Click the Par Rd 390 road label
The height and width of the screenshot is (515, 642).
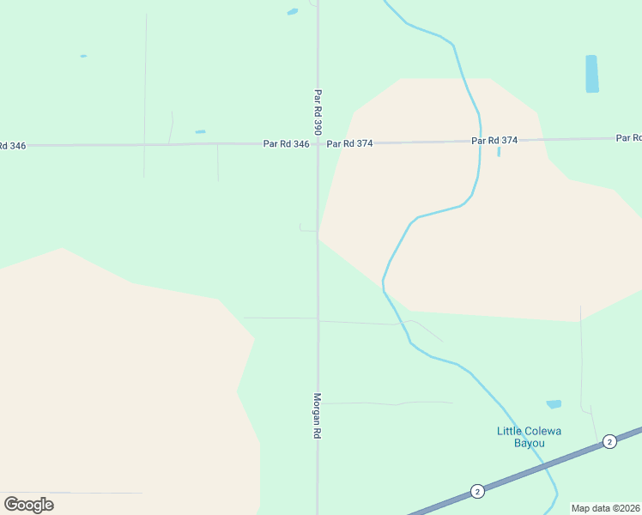tap(318, 112)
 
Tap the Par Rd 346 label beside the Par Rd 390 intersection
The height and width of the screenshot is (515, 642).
tap(286, 144)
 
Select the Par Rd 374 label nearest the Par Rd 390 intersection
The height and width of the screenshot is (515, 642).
tap(349, 143)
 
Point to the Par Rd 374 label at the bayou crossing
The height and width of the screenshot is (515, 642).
tap(495, 140)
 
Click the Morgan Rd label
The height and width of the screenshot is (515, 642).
tap(317, 416)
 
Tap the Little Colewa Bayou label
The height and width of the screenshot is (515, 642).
tap(529, 437)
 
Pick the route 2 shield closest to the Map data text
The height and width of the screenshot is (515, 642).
tap(609, 441)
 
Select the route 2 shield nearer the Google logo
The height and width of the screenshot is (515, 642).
tap(477, 491)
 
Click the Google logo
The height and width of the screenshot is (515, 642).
tap(29, 504)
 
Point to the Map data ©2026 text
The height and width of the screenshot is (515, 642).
tap(606, 508)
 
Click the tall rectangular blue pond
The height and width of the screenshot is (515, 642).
tap(591, 74)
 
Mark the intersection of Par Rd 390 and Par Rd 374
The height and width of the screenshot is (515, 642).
tap(318, 143)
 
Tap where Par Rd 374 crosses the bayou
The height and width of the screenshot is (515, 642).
tap(479, 141)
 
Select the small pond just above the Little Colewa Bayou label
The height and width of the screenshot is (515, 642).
tap(554, 404)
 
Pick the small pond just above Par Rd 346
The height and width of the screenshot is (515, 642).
tap(200, 131)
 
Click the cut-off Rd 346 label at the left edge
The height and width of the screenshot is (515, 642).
tap(13, 145)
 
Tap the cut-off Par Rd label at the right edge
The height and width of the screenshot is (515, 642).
tap(629, 137)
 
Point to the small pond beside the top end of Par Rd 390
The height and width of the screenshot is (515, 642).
tap(293, 12)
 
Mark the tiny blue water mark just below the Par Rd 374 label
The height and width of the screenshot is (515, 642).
tap(499, 152)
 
